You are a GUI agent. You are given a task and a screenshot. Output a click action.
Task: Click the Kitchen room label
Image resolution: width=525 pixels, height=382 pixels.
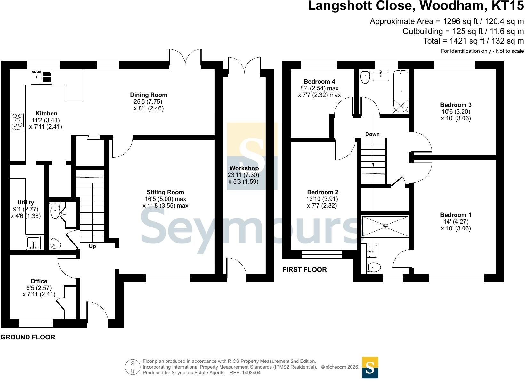click(46, 114)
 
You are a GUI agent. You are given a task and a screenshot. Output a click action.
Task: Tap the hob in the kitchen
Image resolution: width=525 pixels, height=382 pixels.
click(17, 121)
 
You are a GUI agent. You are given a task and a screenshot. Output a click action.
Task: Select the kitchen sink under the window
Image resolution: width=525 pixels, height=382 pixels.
click(42, 77)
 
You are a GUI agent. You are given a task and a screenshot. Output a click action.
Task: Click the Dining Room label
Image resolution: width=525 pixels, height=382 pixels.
click(149, 95)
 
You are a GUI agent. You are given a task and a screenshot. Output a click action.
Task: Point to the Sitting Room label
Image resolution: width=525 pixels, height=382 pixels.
click(165, 192)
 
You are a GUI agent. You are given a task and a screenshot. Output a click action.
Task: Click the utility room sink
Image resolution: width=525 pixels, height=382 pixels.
click(33, 243)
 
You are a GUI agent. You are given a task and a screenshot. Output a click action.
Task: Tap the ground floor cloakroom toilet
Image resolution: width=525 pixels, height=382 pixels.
click(55, 210)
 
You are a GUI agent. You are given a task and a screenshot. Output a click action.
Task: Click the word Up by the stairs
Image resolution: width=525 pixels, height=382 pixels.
click(92, 246)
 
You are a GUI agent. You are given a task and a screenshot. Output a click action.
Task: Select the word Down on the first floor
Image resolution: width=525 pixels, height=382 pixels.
click(372, 134)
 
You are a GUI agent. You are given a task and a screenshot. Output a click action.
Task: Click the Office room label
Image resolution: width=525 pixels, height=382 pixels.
click(39, 281)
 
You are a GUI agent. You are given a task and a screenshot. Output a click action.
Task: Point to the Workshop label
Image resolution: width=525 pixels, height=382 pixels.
click(244, 168)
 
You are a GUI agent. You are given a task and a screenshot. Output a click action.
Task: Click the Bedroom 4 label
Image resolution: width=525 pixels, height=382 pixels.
click(319, 82)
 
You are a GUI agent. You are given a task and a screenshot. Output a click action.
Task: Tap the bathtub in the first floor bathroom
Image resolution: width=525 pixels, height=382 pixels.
click(400, 92)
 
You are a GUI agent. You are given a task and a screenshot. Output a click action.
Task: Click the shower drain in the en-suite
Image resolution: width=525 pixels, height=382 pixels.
click(385, 226)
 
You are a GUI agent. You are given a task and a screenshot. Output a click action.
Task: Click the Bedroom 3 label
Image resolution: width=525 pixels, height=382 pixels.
click(456, 105)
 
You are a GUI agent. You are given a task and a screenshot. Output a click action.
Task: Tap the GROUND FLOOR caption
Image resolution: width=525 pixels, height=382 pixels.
click(28, 337)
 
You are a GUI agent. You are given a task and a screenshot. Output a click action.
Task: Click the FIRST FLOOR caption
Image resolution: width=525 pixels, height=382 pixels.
click(304, 270)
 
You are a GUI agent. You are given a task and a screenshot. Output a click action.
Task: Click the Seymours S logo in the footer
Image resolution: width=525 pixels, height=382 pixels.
click(370, 368)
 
